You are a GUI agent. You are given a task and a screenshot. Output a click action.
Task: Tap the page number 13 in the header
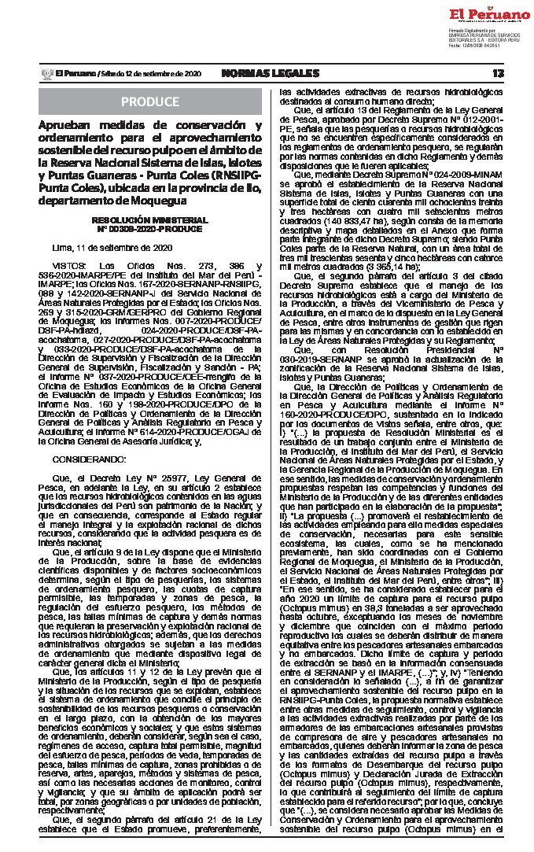[x=498, y=73]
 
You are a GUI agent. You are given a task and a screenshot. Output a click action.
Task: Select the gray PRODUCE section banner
[x=149, y=102]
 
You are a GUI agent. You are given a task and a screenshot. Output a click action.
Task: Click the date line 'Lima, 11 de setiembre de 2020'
[x=101, y=248]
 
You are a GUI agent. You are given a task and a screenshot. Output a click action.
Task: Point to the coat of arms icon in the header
[x=45, y=73]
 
